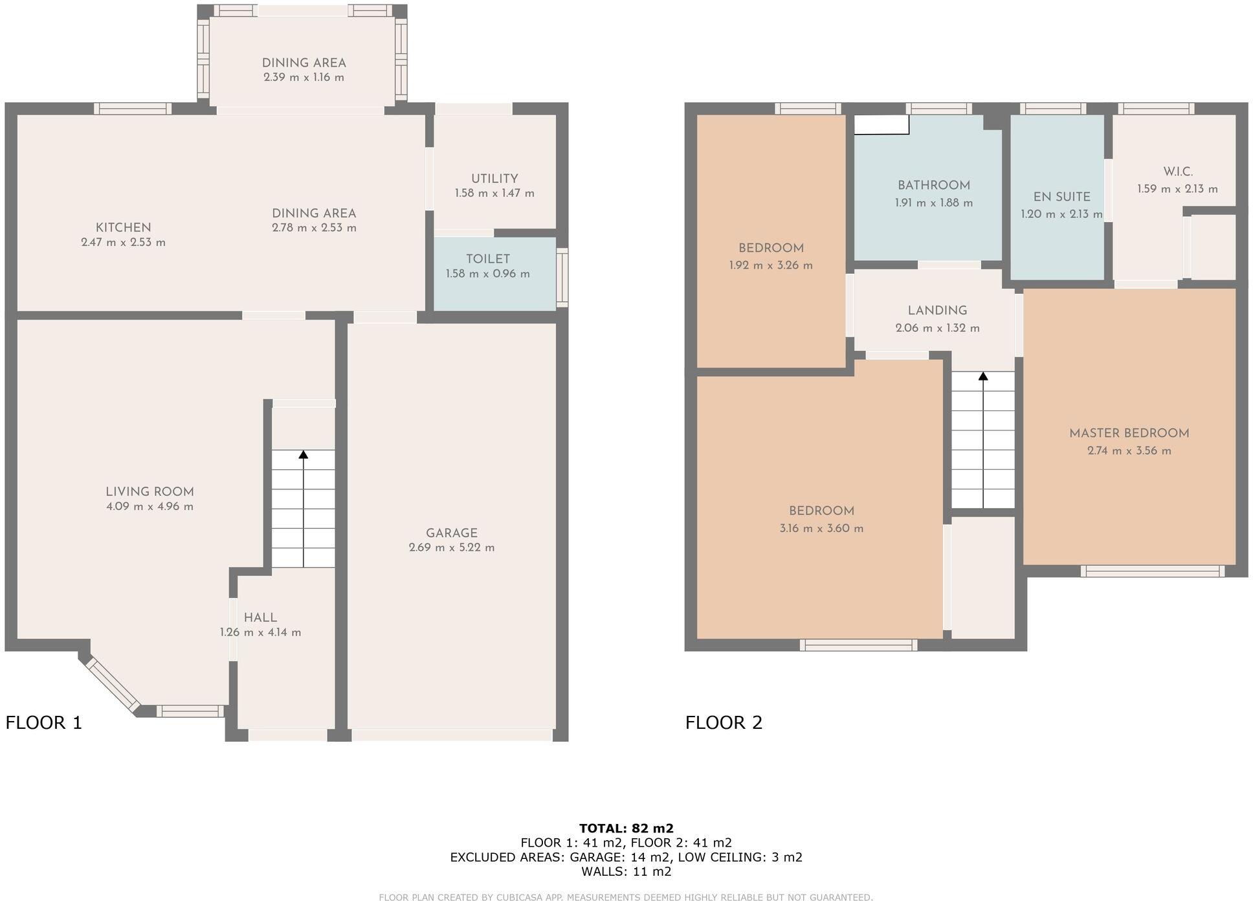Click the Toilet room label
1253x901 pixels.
pos(487,259)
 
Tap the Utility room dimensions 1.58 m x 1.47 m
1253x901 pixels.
pos(494,193)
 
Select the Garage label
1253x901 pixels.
pos(451,533)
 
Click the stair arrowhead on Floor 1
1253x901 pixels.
pos(303,454)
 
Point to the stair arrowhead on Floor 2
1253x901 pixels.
pos(983,375)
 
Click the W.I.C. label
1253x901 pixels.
pos(1177,172)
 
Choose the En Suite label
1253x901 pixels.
pos(1061,197)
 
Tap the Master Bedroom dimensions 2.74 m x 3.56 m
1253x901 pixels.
pos(1129,450)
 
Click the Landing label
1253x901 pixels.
pos(937,311)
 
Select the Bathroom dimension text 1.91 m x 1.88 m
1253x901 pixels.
pos(933,203)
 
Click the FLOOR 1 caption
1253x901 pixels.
pos(44,722)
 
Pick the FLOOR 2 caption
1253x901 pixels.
pos(724,722)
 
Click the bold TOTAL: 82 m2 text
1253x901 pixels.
pos(626,828)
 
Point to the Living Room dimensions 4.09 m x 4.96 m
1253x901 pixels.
pos(150,506)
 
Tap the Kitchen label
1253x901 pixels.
pos(123,227)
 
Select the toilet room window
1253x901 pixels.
pos(562,278)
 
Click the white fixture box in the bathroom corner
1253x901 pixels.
pos(882,124)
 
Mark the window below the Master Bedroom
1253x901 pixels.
pos(1152,571)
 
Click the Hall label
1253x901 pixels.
pos(260,617)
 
